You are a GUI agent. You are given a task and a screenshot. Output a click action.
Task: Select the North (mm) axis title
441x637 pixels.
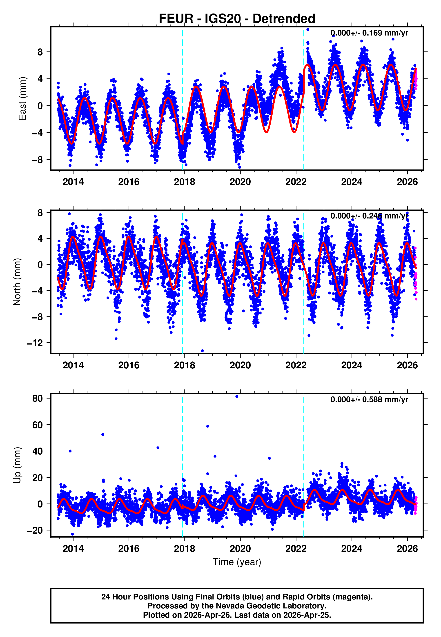17,282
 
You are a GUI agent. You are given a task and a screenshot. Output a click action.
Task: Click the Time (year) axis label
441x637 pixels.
237,562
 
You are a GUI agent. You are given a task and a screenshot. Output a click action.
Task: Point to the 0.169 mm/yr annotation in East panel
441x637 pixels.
369,33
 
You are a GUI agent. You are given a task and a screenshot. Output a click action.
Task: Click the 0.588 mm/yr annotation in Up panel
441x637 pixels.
369,399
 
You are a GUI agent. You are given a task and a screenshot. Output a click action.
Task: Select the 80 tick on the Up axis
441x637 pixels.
38,399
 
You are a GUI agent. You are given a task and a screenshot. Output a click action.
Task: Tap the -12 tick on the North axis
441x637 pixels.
35,343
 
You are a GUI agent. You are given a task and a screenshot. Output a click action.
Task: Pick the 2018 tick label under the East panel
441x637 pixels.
184,182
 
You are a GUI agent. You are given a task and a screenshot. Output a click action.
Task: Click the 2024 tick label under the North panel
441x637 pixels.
352,365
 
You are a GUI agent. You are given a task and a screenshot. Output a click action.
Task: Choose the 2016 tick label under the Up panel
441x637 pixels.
129,549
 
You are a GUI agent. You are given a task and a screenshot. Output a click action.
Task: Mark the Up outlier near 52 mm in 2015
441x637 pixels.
103,434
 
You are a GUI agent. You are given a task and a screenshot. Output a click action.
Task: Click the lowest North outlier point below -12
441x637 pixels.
202,351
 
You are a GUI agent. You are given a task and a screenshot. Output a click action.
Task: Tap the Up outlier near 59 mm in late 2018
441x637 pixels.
208,426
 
